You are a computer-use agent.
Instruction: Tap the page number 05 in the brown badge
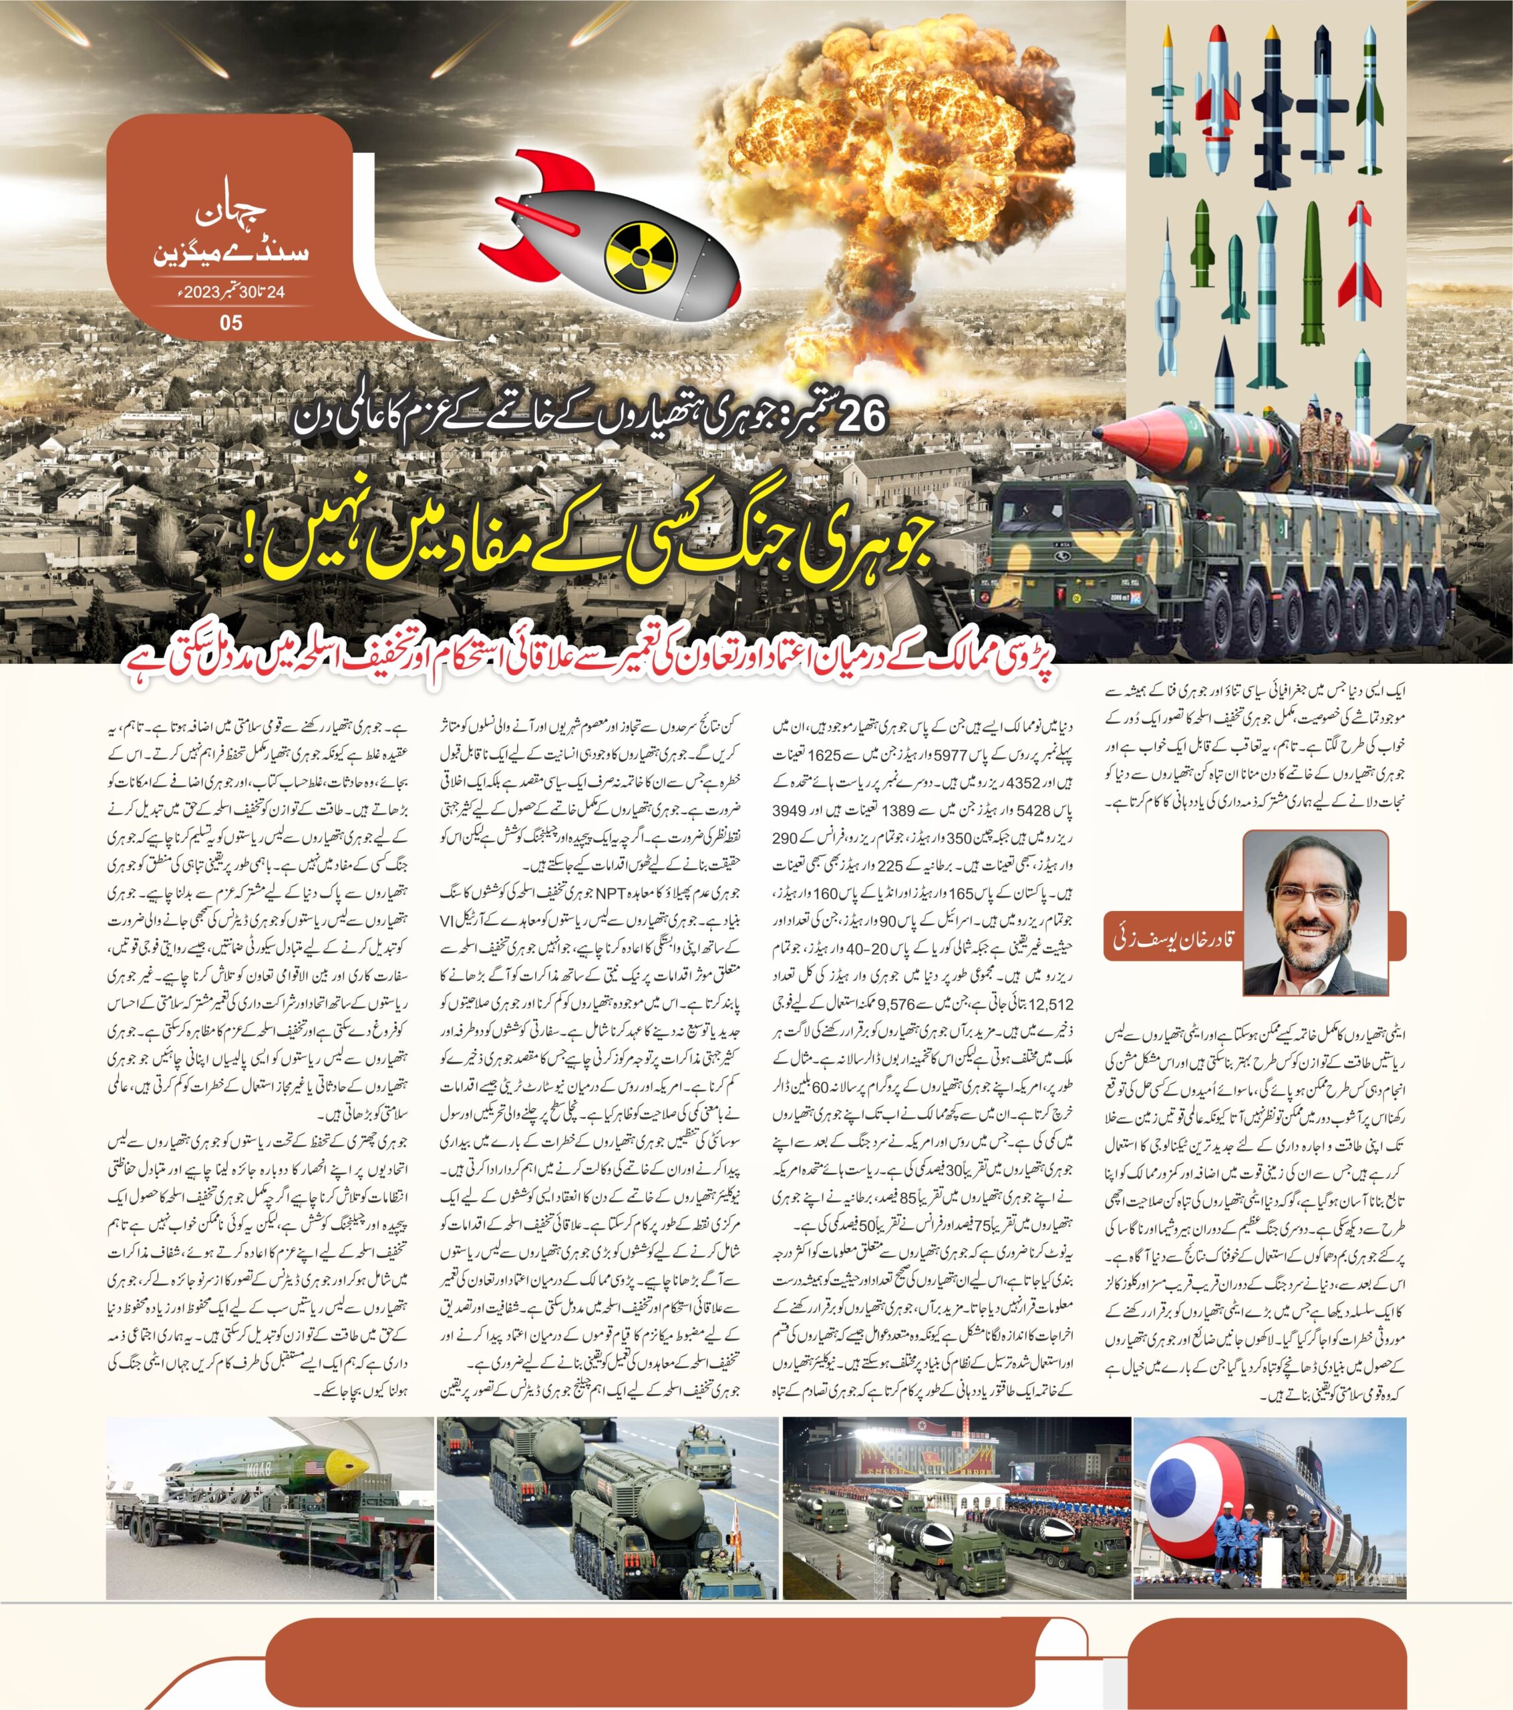coord(230,323)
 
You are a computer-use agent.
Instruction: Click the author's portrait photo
coord(1298,924)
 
